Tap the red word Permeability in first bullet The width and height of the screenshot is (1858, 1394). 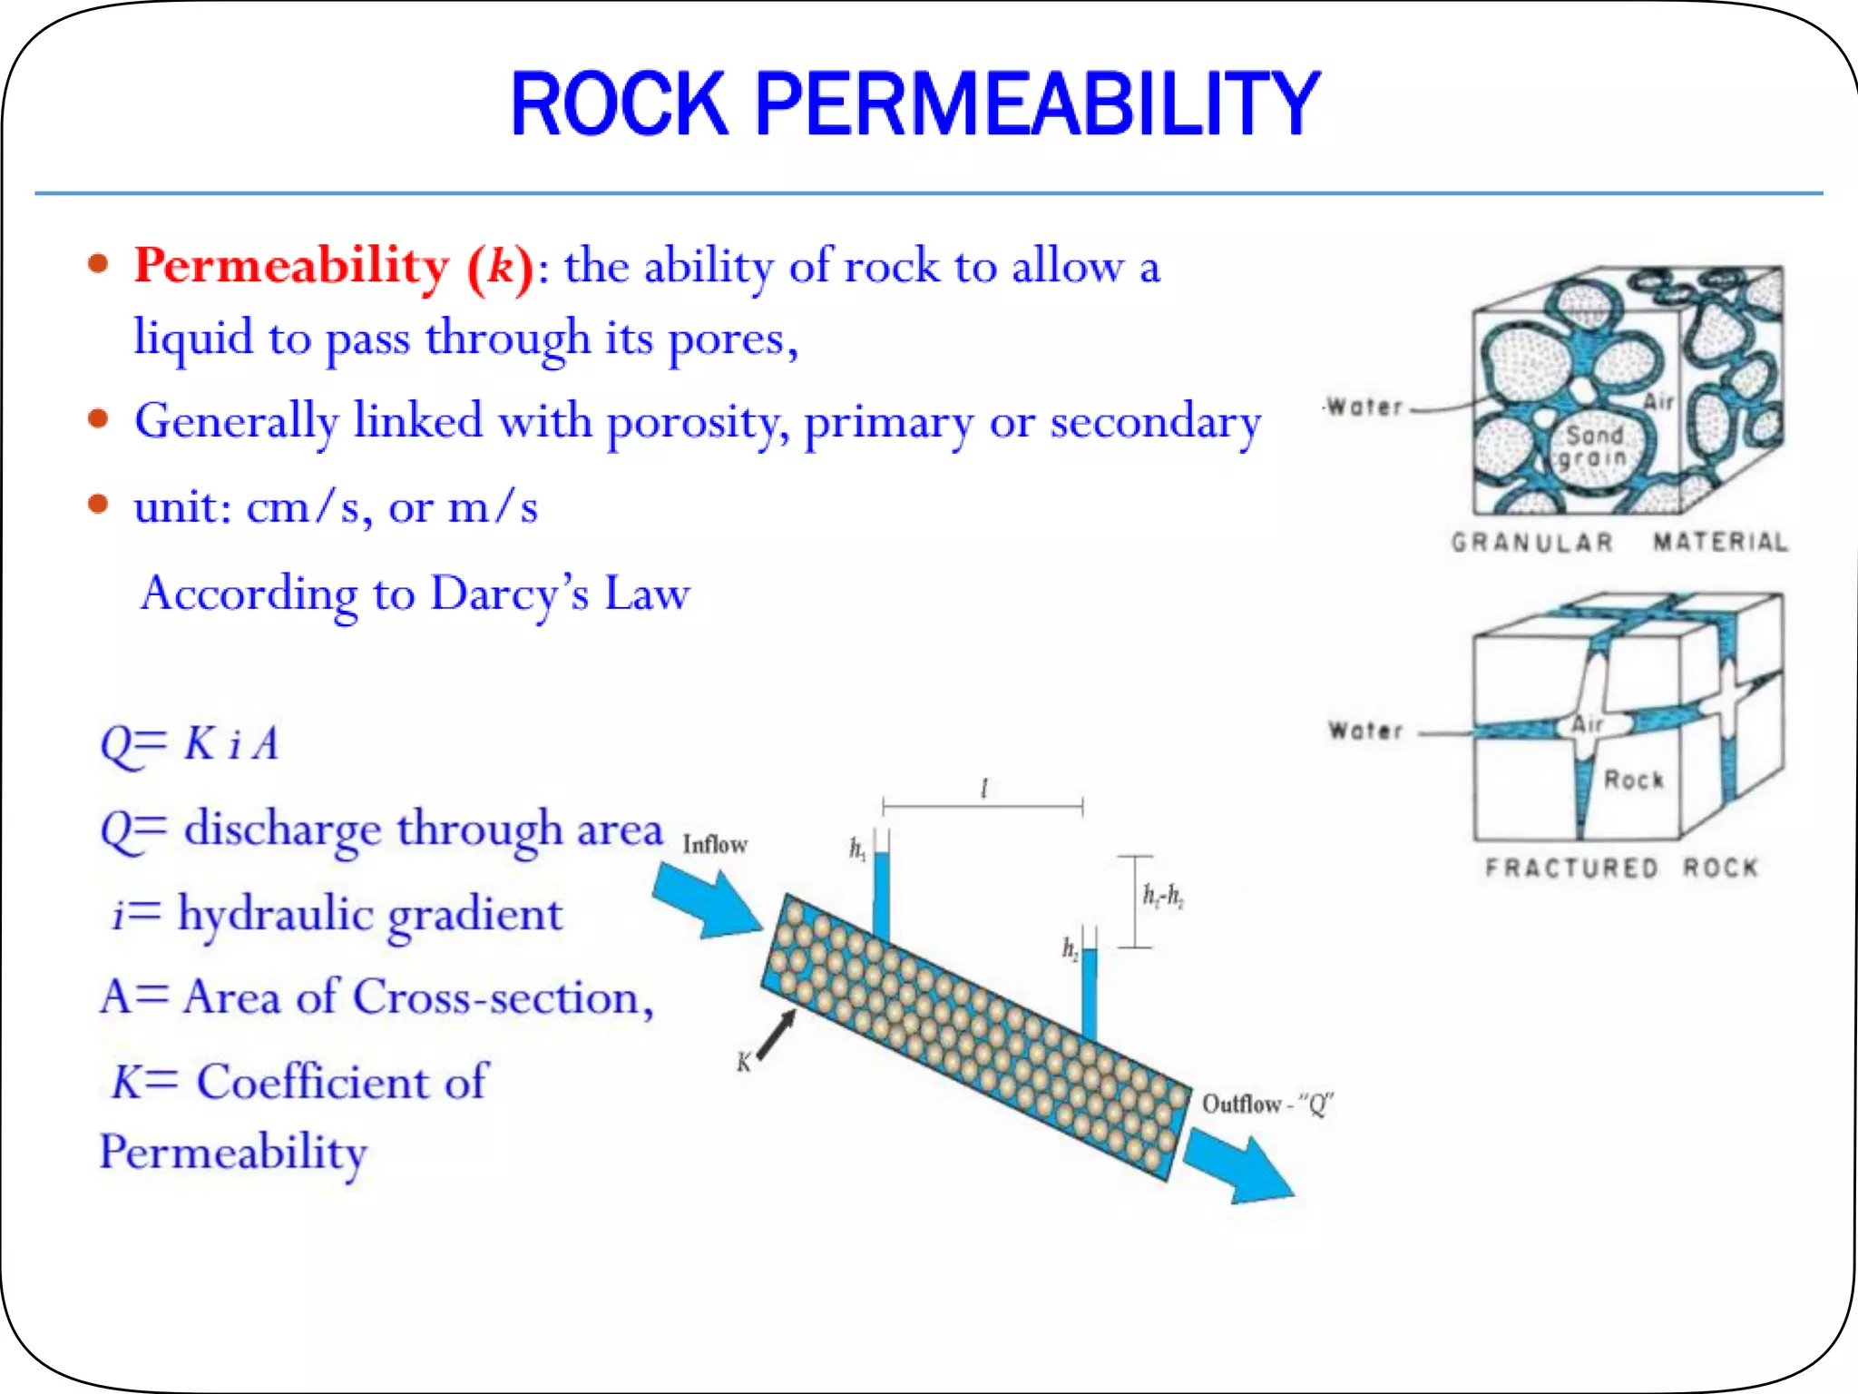(292, 266)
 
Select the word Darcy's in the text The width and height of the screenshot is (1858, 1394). (509, 594)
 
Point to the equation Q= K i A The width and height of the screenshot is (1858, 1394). (189, 745)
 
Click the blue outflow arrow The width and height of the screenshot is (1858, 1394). (1239, 1166)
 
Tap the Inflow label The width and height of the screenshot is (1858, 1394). (715, 845)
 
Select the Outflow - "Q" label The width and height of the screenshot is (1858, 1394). (1266, 1104)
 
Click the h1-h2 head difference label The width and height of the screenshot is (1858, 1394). (1163, 897)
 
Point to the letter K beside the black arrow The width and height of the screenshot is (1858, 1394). (744, 1062)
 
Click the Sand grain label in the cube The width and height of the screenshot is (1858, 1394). (1594, 447)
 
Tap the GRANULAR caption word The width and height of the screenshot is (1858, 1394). (1531, 543)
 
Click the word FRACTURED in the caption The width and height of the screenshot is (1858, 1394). (1571, 868)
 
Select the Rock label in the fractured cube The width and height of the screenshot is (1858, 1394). (1634, 780)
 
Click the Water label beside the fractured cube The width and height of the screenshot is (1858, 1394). (1365, 731)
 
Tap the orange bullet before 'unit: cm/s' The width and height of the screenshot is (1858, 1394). (98, 505)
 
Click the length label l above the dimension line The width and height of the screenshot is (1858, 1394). (984, 788)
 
